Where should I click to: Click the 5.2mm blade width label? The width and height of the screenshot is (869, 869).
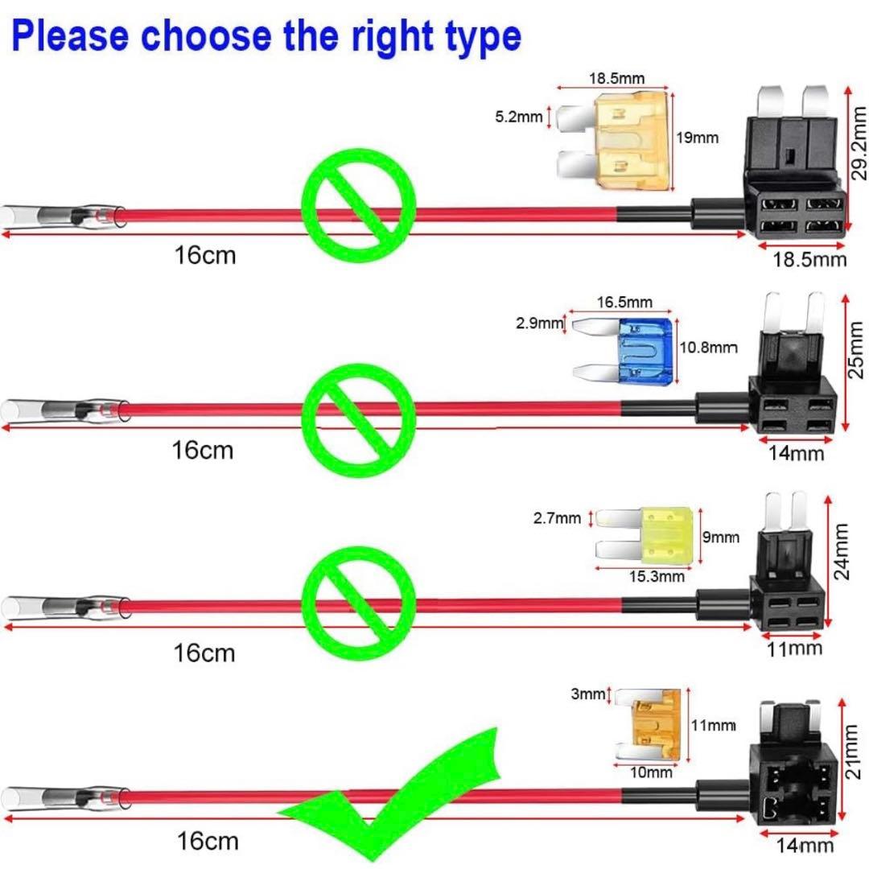point(519,117)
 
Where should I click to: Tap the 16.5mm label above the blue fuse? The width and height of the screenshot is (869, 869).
point(624,303)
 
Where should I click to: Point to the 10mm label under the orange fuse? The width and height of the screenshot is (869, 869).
point(650,773)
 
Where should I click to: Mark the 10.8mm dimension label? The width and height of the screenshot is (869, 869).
point(708,348)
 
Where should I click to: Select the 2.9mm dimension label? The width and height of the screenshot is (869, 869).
point(540,323)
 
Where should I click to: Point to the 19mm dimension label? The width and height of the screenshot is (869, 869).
point(697,138)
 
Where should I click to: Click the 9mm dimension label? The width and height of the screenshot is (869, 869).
point(722,537)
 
